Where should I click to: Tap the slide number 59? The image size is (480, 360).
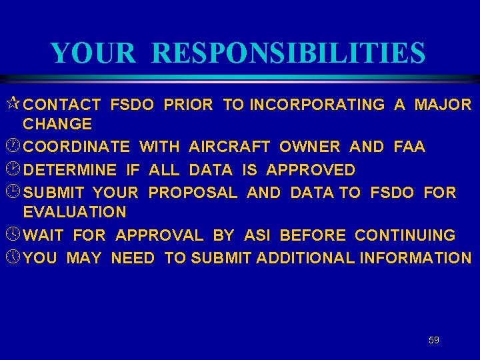point(434,340)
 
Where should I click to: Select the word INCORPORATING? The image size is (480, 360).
point(317,105)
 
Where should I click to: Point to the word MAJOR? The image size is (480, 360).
point(443,105)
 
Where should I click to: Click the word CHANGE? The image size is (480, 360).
point(57,124)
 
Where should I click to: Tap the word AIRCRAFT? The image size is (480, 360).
point(229,147)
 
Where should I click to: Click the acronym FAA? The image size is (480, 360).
point(409,147)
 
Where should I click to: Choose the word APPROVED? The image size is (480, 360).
point(311,170)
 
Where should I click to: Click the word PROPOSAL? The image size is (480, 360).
point(193,193)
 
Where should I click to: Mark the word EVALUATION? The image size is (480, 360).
point(75,213)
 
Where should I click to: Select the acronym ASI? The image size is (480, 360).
point(257,235)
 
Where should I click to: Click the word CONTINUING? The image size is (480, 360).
point(405,235)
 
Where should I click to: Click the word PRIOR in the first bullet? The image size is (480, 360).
point(188,105)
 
